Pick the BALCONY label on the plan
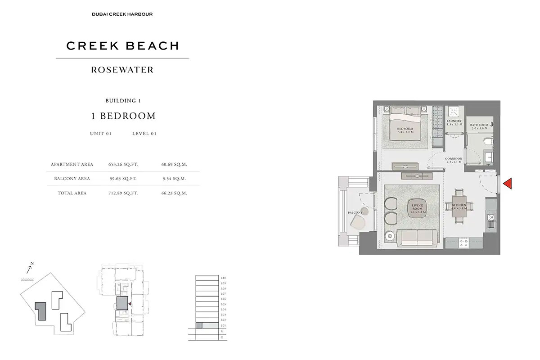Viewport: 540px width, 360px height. [x=355, y=212]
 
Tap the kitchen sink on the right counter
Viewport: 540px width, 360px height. [x=491, y=218]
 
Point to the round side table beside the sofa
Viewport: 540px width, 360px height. [x=389, y=235]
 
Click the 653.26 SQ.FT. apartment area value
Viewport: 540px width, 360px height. [x=123, y=165]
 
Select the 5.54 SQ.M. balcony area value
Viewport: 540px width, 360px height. [x=174, y=179]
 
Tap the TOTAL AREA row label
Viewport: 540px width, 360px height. [x=72, y=193]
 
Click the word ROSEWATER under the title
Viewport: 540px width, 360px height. [x=122, y=70]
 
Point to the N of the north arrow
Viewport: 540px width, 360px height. [x=32, y=264]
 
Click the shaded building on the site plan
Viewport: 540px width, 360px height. [x=40, y=311]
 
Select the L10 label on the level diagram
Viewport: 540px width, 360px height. [x=223, y=278]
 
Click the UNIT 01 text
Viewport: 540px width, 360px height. [x=100, y=134]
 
